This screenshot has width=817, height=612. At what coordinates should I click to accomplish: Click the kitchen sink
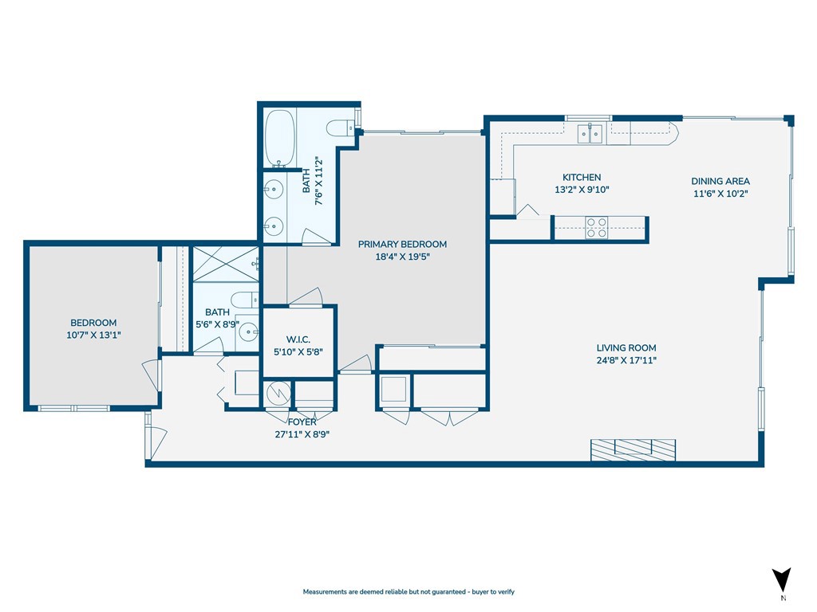point(590,132)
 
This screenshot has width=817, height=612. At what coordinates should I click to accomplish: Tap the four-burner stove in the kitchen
point(597,229)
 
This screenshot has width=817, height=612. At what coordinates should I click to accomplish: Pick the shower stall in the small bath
point(226,263)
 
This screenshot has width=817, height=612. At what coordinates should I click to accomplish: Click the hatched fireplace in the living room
point(633,449)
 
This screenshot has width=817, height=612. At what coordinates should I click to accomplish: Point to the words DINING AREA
point(720,181)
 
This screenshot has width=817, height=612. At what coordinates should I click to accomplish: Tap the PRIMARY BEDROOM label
point(402,244)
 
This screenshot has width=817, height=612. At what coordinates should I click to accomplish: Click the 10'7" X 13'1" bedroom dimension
point(93,335)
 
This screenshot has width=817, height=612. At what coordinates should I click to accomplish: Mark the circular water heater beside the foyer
point(277,394)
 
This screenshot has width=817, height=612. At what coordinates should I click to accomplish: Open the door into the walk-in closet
point(306,296)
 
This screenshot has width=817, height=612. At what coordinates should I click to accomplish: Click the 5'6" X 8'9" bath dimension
point(217,324)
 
